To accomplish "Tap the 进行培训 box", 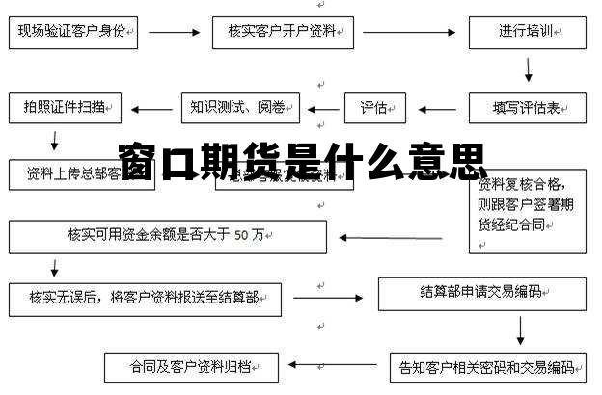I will click(x=527, y=31).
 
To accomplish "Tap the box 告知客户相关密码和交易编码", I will click(x=488, y=367).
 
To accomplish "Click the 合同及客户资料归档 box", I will click(x=192, y=367).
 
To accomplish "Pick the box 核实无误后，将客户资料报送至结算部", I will click(x=145, y=299).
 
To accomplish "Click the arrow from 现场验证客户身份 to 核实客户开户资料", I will click(x=174, y=31).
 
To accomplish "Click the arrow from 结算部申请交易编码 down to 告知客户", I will click(x=520, y=329).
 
